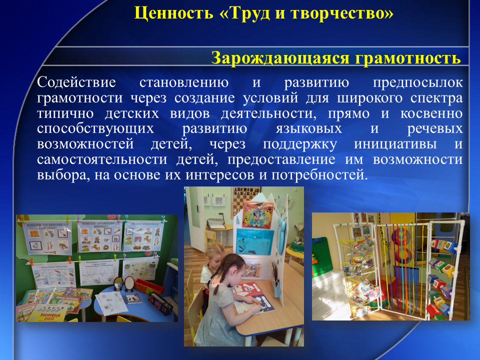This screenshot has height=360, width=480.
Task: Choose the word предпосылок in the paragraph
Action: (x=418, y=82)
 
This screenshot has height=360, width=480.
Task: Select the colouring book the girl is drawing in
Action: (x=250, y=299)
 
